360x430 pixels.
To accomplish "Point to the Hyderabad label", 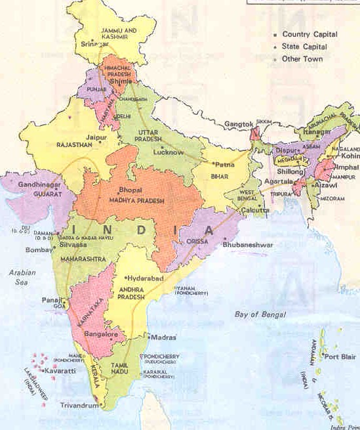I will click(142, 278).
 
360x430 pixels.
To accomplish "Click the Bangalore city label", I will click(100, 334).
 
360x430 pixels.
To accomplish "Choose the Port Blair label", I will click(340, 357).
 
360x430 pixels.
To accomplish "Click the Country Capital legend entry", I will click(310, 34).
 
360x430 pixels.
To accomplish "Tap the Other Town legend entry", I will click(303, 59).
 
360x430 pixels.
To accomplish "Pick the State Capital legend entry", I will click(305, 47).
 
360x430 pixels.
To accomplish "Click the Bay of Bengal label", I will click(260, 314).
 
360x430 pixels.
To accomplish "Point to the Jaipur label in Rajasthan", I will click(95, 138).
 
